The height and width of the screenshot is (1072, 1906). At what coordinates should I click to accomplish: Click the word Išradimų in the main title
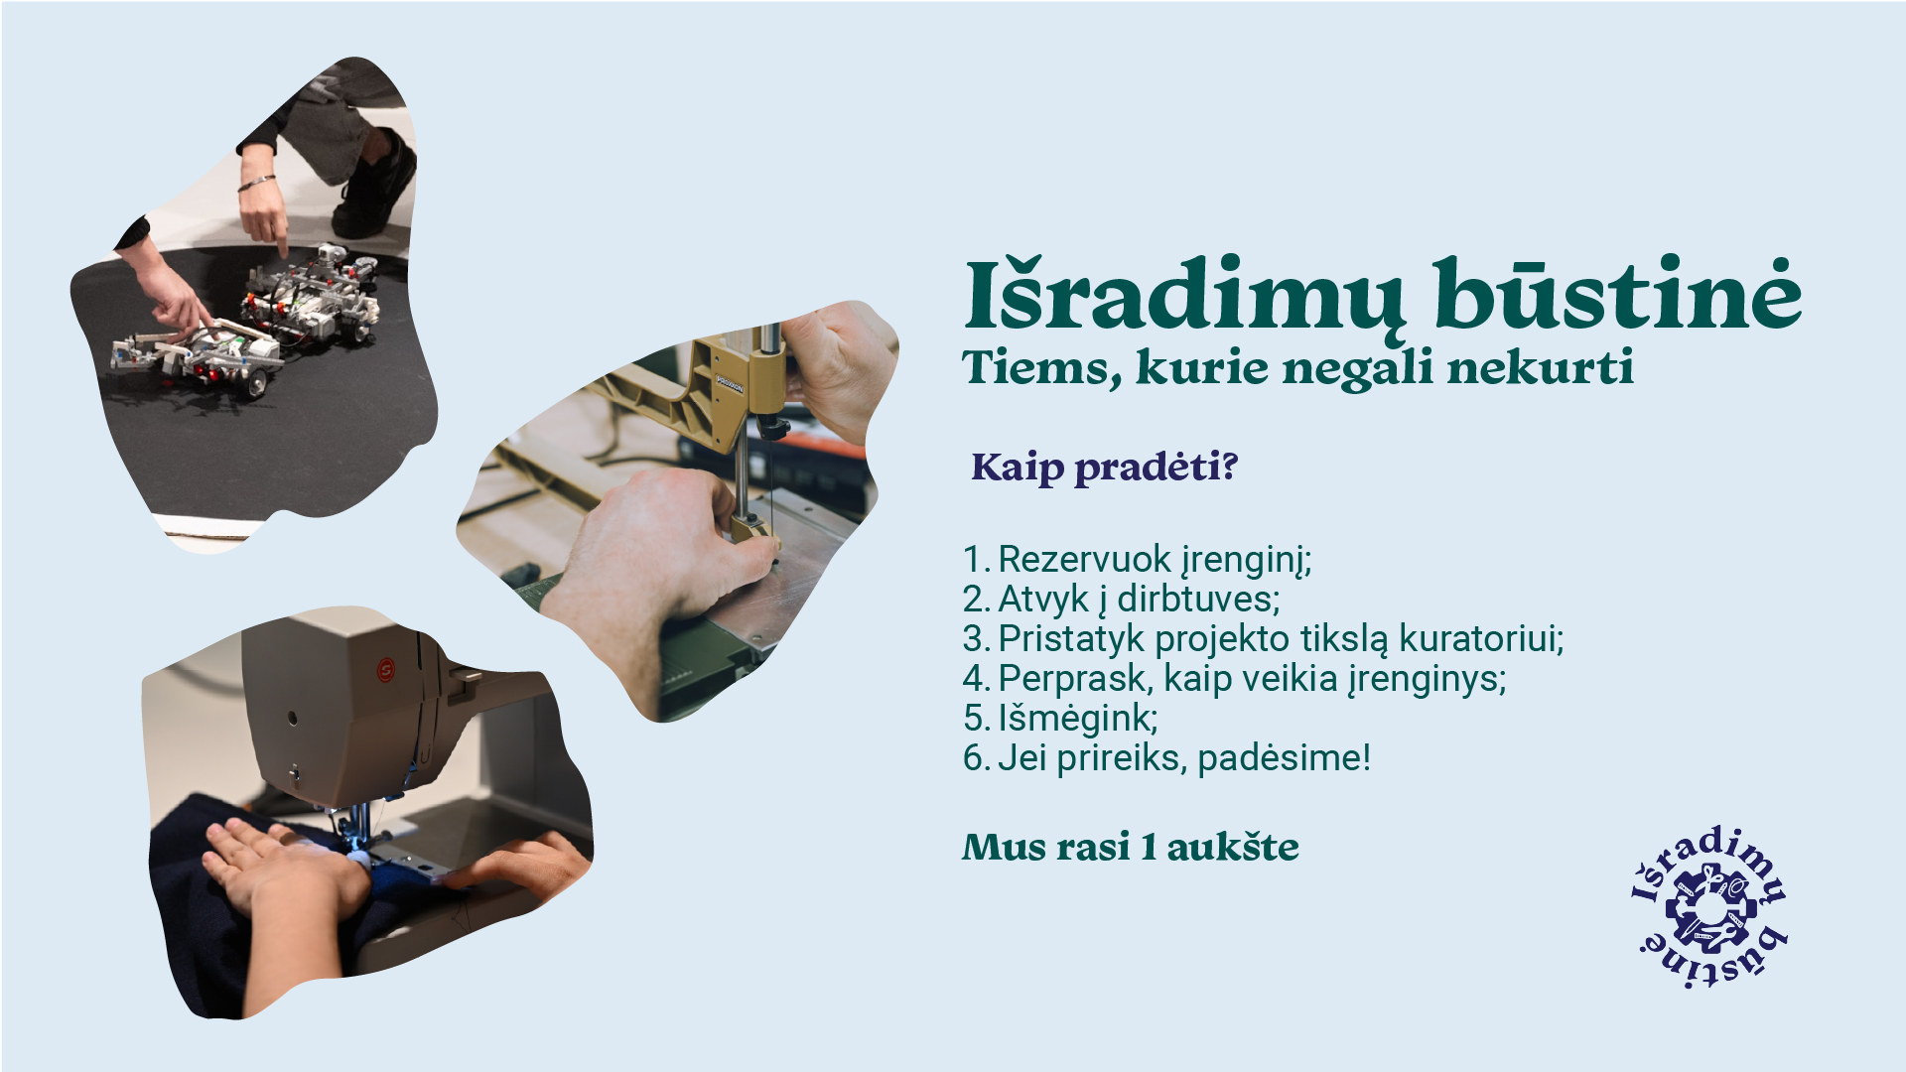1184,295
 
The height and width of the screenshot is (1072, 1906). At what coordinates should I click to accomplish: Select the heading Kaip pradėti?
1104,467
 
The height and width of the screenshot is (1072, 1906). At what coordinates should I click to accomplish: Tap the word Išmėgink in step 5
1073,719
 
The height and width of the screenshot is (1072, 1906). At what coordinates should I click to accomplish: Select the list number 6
973,758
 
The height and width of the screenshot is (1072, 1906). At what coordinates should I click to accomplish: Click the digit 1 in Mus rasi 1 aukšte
1149,848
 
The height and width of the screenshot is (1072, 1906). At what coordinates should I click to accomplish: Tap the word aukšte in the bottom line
1233,847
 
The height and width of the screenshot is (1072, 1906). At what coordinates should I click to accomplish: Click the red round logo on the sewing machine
386,670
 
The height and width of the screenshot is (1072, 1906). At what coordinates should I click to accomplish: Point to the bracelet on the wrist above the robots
256,183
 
